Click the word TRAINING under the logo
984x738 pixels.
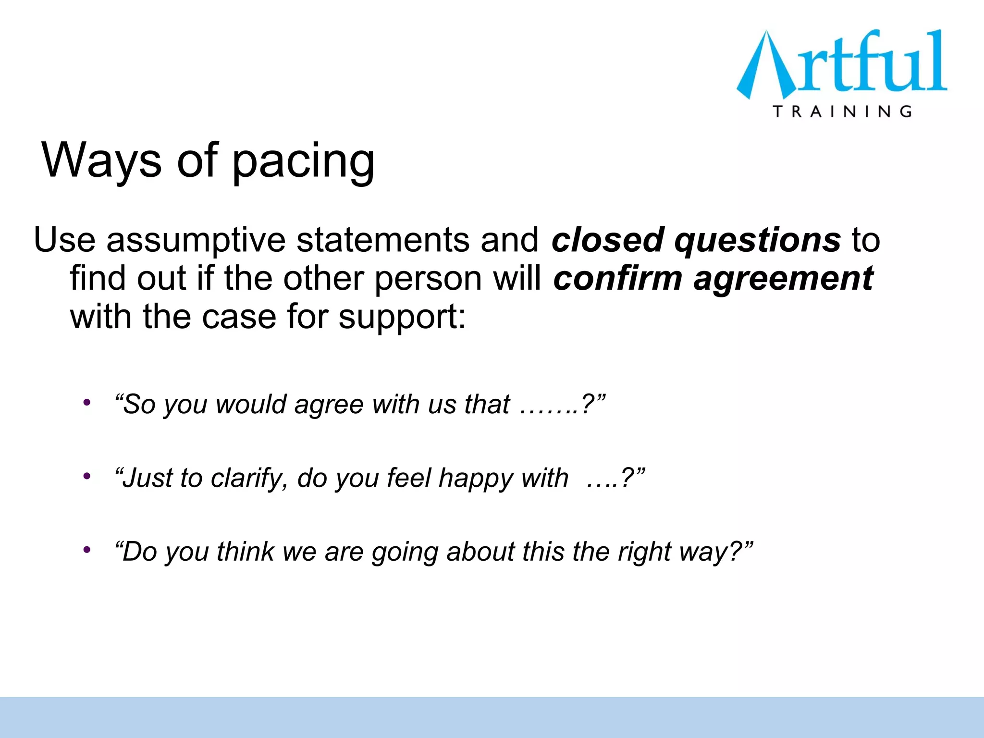(x=842, y=112)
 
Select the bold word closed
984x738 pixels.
(x=607, y=240)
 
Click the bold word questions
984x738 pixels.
(x=758, y=241)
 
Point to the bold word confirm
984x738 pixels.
(x=618, y=279)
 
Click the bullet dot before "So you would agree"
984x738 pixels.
(x=86, y=402)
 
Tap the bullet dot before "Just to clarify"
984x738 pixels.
(x=86, y=476)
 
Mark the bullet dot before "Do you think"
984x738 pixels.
(x=86, y=550)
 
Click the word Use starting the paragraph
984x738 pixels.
(x=64, y=240)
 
